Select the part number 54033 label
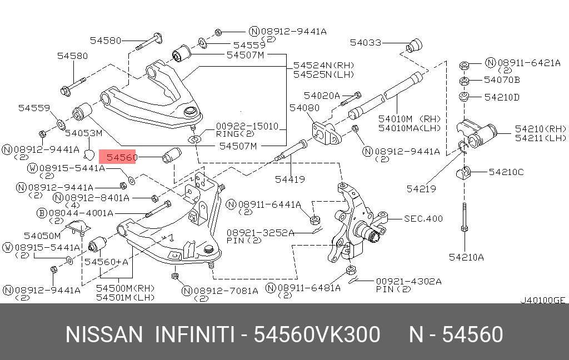point(366,42)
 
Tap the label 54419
point(290,179)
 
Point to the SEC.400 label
point(423,218)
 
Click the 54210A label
point(466,257)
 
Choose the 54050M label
point(42,236)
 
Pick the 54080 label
point(304,108)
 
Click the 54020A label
point(322,96)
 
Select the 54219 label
point(421,189)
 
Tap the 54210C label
point(506,172)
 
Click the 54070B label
point(502,80)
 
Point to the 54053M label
point(83,133)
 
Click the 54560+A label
point(106,262)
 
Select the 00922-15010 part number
point(247,126)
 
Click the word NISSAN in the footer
point(104,334)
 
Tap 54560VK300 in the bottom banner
point(317,334)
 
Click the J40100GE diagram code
point(543,300)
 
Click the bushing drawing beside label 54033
point(414,45)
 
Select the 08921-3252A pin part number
point(260,233)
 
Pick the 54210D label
point(502,97)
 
